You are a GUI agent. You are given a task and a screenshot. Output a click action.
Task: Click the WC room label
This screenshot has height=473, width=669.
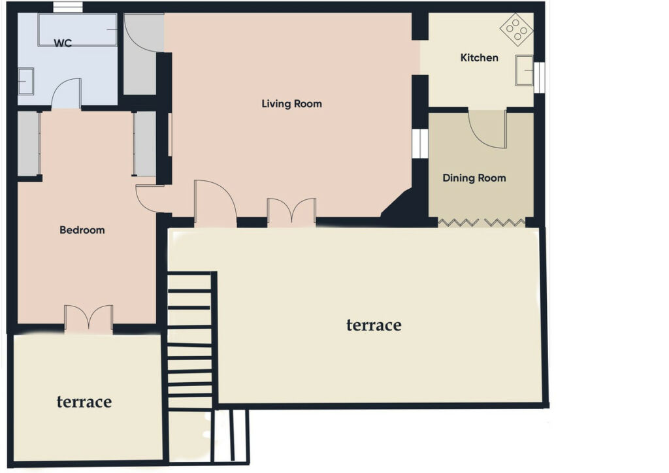(63, 43)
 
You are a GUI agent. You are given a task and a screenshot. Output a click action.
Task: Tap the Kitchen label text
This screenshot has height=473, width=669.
(479, 57)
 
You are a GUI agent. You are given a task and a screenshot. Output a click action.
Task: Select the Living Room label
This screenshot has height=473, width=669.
(292, 104)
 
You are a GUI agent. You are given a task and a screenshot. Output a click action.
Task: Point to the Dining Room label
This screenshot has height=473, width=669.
(474, 178)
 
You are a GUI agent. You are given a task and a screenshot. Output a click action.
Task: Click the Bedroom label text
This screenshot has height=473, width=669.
(82, 231)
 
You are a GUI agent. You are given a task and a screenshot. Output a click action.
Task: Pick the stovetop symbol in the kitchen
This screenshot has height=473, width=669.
(516, 29)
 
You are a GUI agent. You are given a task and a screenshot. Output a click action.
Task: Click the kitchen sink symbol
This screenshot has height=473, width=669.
(525, 71)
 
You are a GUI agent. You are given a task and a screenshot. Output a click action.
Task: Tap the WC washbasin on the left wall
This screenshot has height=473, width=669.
(25, 81)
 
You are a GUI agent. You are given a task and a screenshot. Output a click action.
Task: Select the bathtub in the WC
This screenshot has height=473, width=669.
(77, 30)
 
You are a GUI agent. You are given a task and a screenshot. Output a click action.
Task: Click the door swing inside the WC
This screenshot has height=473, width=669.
(66, 93)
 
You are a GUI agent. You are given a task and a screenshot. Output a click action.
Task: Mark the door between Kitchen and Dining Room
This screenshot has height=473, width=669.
(487, 129)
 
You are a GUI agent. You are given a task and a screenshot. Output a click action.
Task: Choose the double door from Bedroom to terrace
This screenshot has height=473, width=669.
(89, 318)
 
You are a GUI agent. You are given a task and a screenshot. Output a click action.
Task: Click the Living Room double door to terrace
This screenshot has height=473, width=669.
(292, 211)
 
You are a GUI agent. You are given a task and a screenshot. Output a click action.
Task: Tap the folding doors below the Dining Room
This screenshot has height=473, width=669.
(481, 222)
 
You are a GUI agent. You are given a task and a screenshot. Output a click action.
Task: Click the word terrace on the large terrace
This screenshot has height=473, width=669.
(374, 325)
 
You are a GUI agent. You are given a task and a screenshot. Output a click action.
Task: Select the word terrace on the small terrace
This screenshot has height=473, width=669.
(84, 402)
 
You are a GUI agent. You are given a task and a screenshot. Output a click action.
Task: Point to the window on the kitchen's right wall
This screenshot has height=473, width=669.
(539, 78)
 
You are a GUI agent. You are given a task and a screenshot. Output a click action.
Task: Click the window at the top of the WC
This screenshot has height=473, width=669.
(68, 7)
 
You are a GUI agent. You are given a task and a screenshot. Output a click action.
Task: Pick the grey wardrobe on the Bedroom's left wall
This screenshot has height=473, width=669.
(29, 144)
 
